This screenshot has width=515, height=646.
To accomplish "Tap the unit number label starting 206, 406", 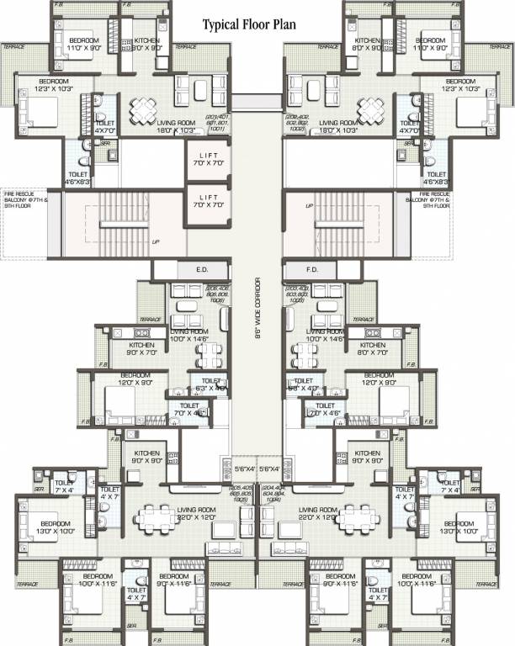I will (x=216, y=294).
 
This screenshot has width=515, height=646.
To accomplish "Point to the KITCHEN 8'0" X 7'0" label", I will (x=372, y=349).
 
